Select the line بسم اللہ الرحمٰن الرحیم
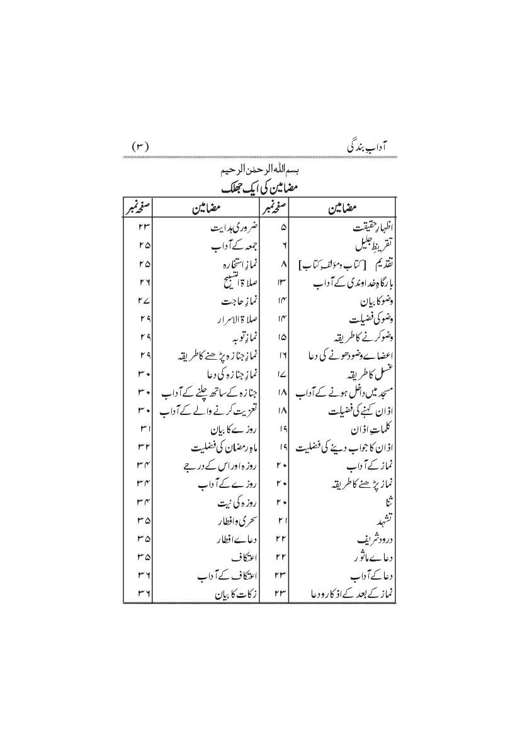tap(260, 170)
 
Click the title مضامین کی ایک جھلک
tap(260, 187)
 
